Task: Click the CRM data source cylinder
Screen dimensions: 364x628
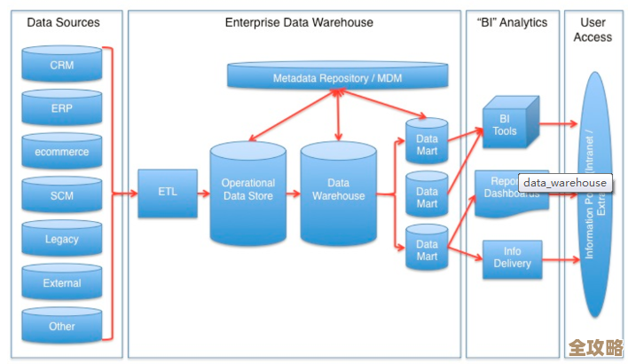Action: point(62,66)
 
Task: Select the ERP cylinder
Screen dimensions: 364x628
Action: point(62,107)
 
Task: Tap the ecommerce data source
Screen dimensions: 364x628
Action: point(62,152)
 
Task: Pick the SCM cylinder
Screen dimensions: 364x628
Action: point(62,194)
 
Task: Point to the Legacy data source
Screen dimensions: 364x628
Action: point(62,239)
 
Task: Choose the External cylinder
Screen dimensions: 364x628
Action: point(62,283)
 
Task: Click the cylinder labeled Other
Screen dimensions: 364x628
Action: point(62,326)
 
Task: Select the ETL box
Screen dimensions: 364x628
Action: point(168,192)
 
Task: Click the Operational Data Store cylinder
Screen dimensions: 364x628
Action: point(247,192)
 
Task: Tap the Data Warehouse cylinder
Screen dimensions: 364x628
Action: point(338,192)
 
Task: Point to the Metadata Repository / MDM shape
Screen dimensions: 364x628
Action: point(337,78)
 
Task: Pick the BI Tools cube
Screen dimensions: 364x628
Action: point(506,124)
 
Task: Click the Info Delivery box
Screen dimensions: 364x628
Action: point(512,257)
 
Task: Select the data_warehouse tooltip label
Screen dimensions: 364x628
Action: point(564,183)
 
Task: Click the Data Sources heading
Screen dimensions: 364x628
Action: point(63,22)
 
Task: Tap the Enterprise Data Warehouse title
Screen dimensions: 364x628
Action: point(299,22)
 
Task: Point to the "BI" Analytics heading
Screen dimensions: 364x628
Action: point(513,22)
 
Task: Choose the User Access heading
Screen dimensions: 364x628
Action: point(593,29)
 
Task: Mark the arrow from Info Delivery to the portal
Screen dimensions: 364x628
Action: point(561,259)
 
